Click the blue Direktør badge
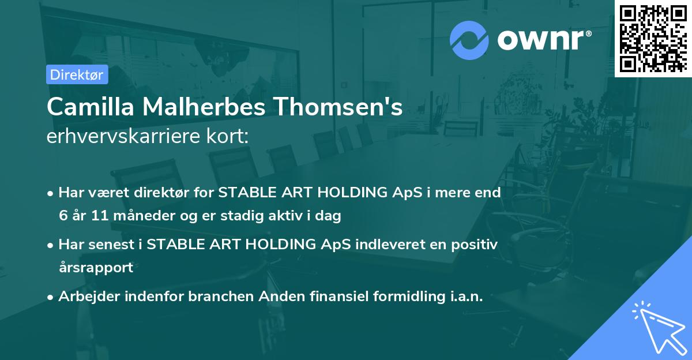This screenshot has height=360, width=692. tap(77, 74)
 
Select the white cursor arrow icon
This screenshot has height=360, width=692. tap(657, 326)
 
